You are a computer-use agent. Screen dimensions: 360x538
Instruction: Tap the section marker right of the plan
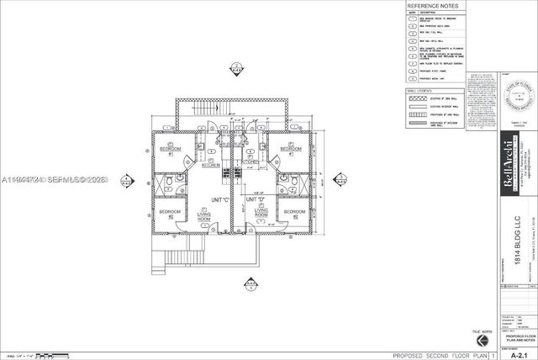(x=341, y=179)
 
